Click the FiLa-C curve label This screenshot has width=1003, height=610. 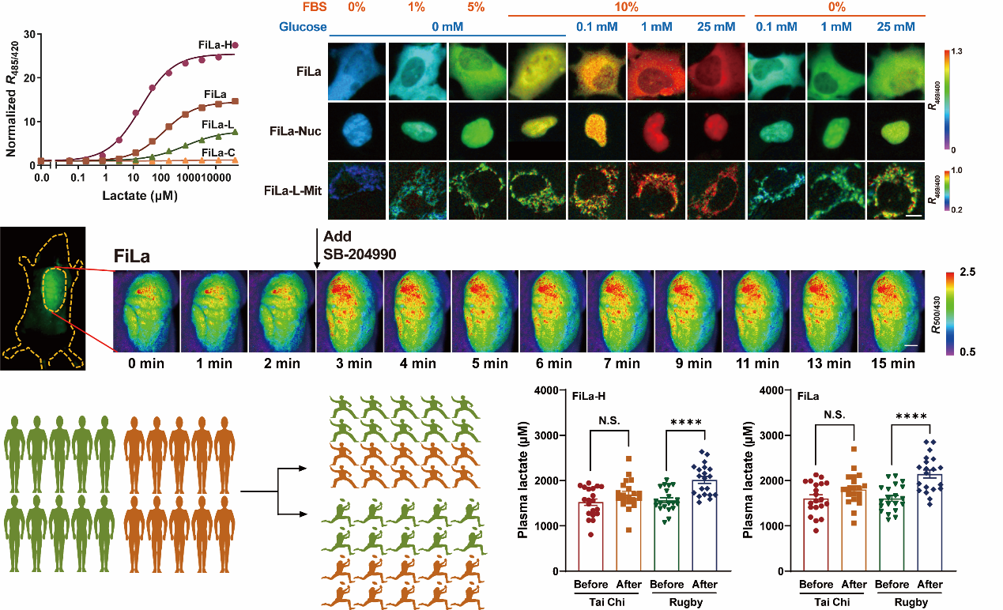pyautogui.click(x=217, y=152)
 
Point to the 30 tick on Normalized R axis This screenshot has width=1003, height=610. pyautogui.click(x=31, y=34)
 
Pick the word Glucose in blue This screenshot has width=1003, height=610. pyautogui.click(x=304, y=27)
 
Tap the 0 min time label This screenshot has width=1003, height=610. pyautogui.click(x=147, y=364)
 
